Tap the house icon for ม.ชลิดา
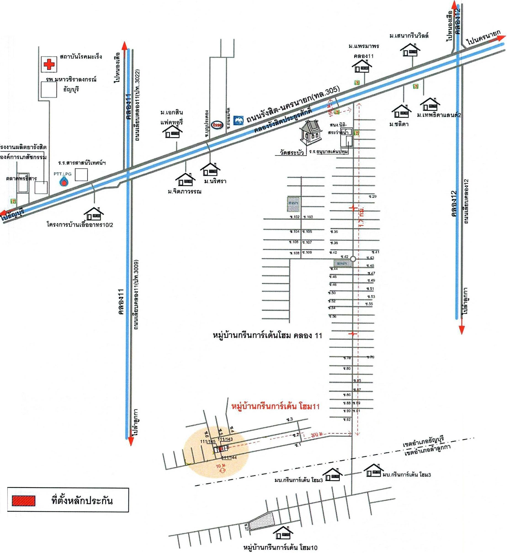click(401, 111)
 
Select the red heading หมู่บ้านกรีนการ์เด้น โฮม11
click(276, 406)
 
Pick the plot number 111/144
click(229, 457)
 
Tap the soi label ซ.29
click(373, 197)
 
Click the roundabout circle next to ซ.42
click(353, 259)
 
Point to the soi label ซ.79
click(370, 357)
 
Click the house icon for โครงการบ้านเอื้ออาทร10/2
click(93, 214)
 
